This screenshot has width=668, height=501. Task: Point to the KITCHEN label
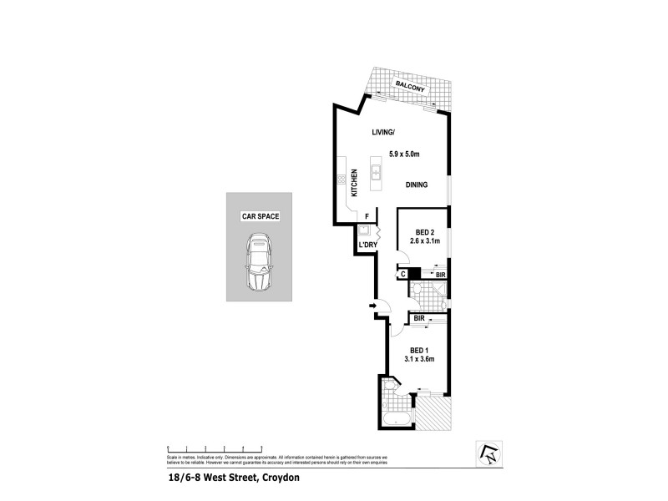click(354, 182)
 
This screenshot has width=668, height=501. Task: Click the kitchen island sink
click(377, 173)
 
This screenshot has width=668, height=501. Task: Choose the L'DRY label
click(368, 245)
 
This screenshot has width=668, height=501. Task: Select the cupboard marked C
click(402, 273)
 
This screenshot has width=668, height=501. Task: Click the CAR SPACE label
click(260, 216)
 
